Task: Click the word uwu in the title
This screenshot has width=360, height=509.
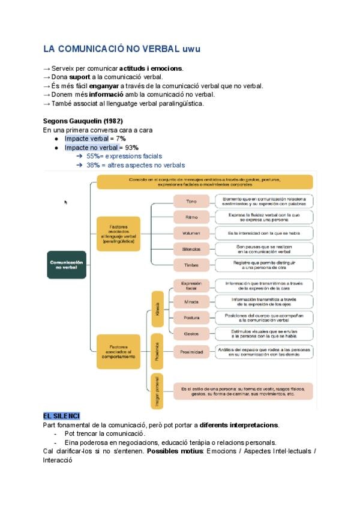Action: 191,49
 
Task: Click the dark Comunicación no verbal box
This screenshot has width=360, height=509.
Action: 67,265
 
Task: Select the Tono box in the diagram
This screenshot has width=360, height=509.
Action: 191,201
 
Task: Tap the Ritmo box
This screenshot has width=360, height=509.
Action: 191,217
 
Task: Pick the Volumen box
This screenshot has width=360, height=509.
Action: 191,232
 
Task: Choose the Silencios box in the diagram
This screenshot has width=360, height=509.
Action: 191,248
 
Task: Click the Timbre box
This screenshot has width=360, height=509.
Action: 191,264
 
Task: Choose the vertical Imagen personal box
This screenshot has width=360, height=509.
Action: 157,390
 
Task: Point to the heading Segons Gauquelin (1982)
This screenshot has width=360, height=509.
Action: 83,121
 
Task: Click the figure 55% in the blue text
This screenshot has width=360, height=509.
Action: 93,156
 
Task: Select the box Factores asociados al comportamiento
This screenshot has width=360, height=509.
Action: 118,351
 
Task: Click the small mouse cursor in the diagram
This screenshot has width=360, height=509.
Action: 65,202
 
